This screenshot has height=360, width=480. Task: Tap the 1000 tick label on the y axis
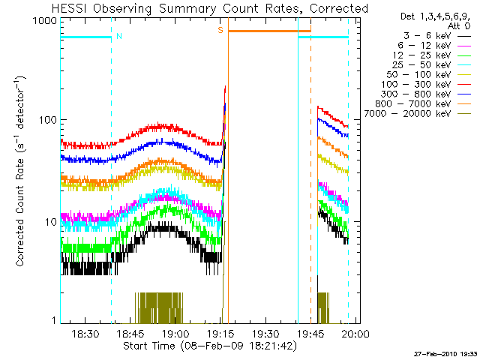pos(44,22)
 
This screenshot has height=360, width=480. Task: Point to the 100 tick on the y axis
pos(47,121)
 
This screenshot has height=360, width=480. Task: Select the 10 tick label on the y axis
pos(50,222)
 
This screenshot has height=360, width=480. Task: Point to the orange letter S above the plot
pos(220,30)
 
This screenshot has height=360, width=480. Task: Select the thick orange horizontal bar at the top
pos(269,31)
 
